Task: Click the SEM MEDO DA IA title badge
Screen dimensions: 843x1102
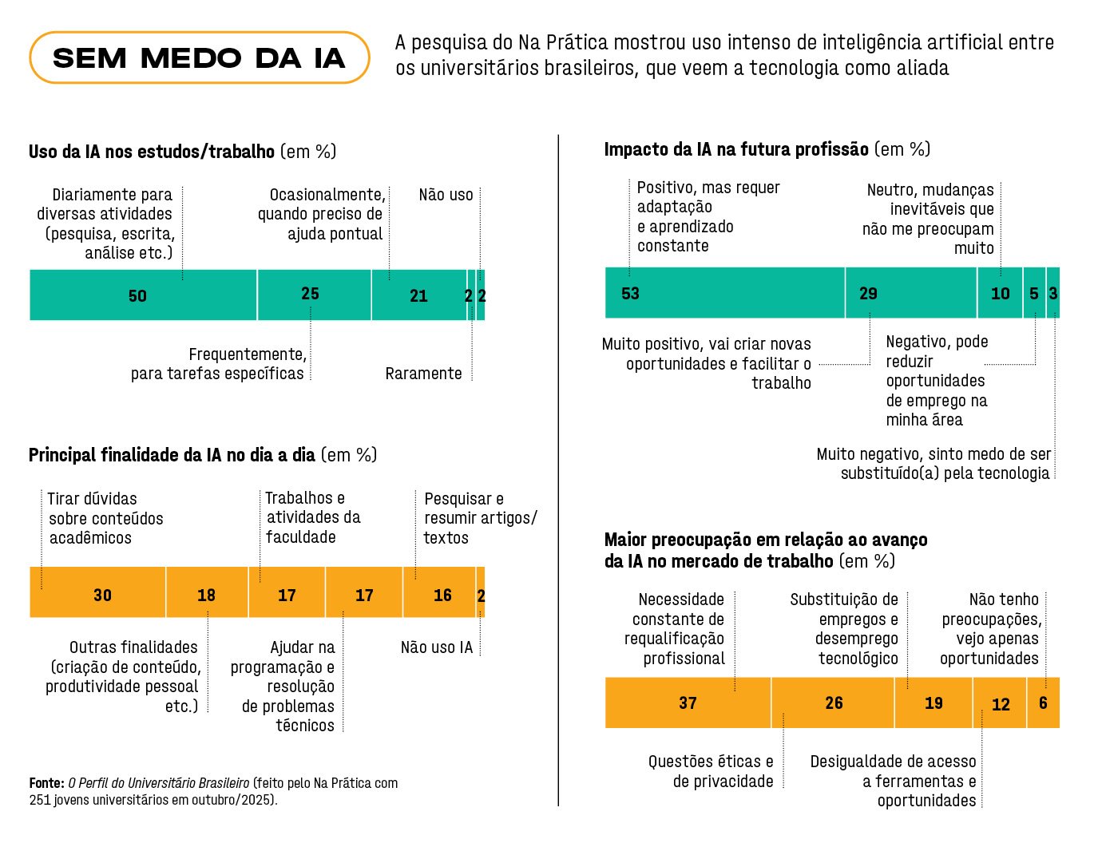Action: [x=199, y=58]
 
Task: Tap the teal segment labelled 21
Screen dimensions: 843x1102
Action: [x=418, y=295]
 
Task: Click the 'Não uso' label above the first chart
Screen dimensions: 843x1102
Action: [x=446, y=195]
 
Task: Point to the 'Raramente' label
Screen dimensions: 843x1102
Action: [x=423, y=374]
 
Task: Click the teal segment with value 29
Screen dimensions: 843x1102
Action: [x=910, y=293]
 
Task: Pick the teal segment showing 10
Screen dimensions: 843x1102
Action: [x=1000, y=293]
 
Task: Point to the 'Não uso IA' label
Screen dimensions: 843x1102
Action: [x=437, y=647]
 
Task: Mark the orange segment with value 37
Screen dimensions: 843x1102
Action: [x=688, y=702]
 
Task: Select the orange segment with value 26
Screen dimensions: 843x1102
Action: [x=833, y=702]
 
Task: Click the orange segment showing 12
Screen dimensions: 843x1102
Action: [x=1000, y=702]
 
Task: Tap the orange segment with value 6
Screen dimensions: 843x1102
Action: [x=1043, y=702]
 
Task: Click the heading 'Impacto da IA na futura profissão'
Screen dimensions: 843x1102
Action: [x=735, y=149]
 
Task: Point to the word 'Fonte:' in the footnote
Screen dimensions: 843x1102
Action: [x=46, y=783]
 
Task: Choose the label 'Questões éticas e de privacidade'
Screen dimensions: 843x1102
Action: [x=710, y=771]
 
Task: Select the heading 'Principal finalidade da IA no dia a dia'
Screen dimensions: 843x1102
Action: [x=172, y=455]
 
